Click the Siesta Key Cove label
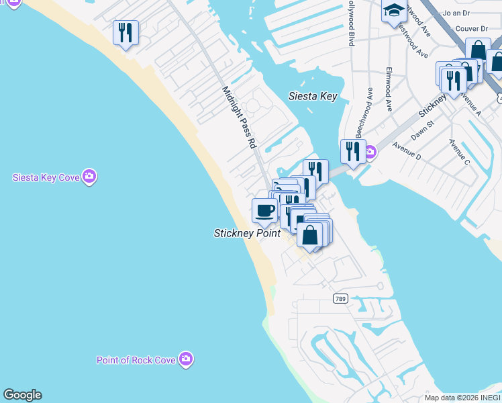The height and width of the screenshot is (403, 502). [46, 177]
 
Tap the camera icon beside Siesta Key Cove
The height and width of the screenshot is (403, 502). [90, 177]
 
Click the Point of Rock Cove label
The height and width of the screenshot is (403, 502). [136, 360]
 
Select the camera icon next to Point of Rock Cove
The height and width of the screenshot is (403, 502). [187, 359]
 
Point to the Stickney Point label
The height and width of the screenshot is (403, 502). [247, 234]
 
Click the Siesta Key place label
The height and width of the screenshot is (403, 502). [312, 96]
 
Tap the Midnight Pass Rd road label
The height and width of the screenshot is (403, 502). [240, 118]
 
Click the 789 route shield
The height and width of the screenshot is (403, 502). [340, 298]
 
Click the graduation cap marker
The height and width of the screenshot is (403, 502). [393, 11]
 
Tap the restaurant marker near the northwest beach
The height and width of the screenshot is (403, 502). [125, 32]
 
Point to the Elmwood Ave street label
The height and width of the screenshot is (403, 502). [389, 89]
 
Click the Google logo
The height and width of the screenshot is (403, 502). [22, 395]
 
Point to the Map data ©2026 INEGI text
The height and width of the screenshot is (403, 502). [462, 398]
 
